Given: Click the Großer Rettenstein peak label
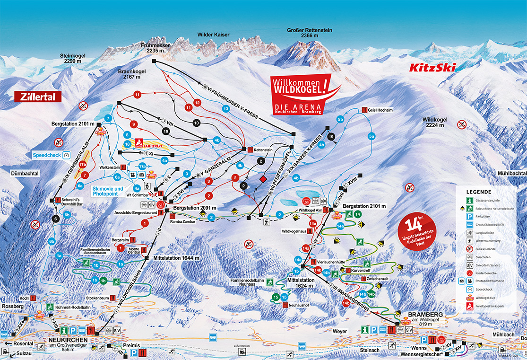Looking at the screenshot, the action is pos(310,33).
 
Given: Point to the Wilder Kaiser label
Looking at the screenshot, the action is pos(214,35).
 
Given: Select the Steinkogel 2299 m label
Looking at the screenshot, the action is pos(74,58).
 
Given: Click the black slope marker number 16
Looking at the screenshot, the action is pos(165,131).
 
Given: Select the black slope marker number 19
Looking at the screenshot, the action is pos(331,136).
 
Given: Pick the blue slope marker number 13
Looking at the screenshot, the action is pos(226,109).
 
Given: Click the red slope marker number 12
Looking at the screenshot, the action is pos(198,103).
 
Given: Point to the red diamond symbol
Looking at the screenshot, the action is pos(264,179).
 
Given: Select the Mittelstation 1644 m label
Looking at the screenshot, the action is pos(176,258).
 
